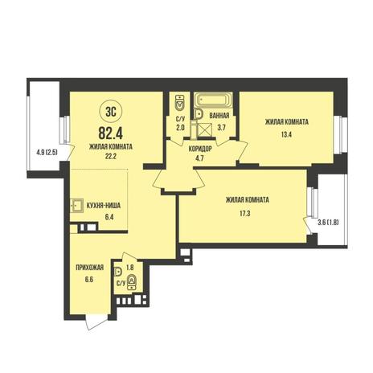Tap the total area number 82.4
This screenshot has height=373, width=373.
(x=111, y=133)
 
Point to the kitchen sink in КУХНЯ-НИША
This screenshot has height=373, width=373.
(x=76, y=206)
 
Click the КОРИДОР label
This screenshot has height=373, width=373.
(x=200, y=149)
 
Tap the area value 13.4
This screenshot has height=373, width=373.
(x=286, y=134)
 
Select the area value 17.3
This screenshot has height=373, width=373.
(x=245, y=214)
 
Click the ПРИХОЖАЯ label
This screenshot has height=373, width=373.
(x=90, y=268)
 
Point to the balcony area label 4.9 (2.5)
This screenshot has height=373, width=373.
(x=47, y=154)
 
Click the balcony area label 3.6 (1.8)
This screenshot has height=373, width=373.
(x=329, y=222)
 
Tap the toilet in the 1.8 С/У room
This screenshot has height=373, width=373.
(x=132, y=282)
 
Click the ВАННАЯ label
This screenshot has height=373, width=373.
(x=219, y=116)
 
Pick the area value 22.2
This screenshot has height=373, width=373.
(x=110, y=156)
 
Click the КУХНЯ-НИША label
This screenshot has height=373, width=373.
(x=104, y=206)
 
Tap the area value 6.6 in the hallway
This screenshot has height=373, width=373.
(x=90, y=280)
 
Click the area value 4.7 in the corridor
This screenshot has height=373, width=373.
(x=199, y=158)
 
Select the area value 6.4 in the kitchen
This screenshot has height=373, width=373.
(x=109, y=217)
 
